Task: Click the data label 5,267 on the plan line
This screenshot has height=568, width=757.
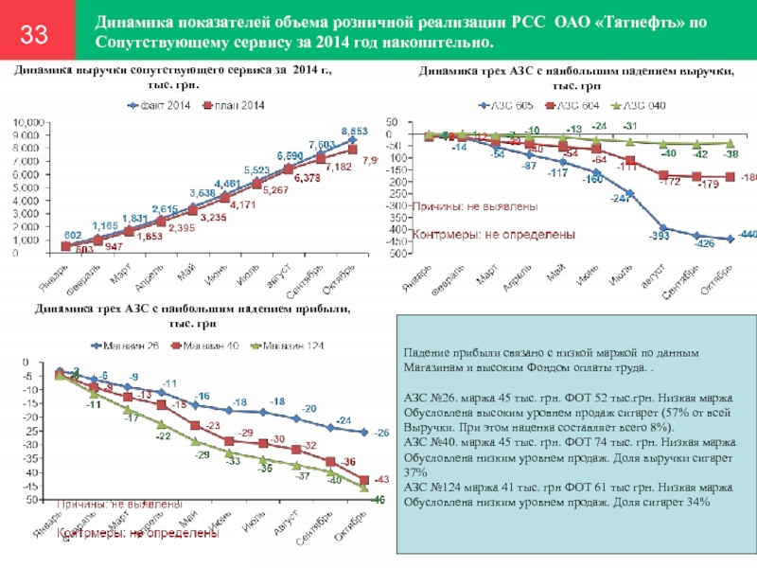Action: coord(275,189)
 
